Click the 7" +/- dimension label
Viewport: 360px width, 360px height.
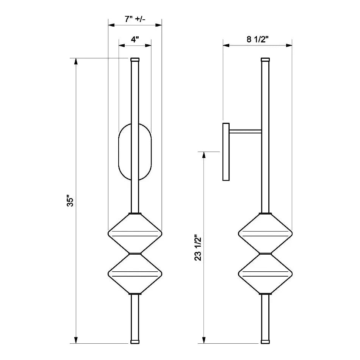pos(135,19)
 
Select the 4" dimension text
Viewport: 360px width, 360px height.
pos(135,39)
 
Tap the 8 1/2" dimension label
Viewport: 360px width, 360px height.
pos(258,39)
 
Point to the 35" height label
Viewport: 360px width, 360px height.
pos(69,201)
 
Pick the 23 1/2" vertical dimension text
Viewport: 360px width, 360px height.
pos(197,248)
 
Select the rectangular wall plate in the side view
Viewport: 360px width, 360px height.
pos(226,152)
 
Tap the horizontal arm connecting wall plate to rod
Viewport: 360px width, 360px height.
pos(246,131)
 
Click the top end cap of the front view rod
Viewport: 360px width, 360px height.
pos(135,59)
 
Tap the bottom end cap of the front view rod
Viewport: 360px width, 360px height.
pos(135,341)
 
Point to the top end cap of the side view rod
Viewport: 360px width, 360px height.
pos(265,59)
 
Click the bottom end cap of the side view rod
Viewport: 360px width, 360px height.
pos(265,341)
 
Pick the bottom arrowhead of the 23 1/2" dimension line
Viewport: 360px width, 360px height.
pos(204,340)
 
